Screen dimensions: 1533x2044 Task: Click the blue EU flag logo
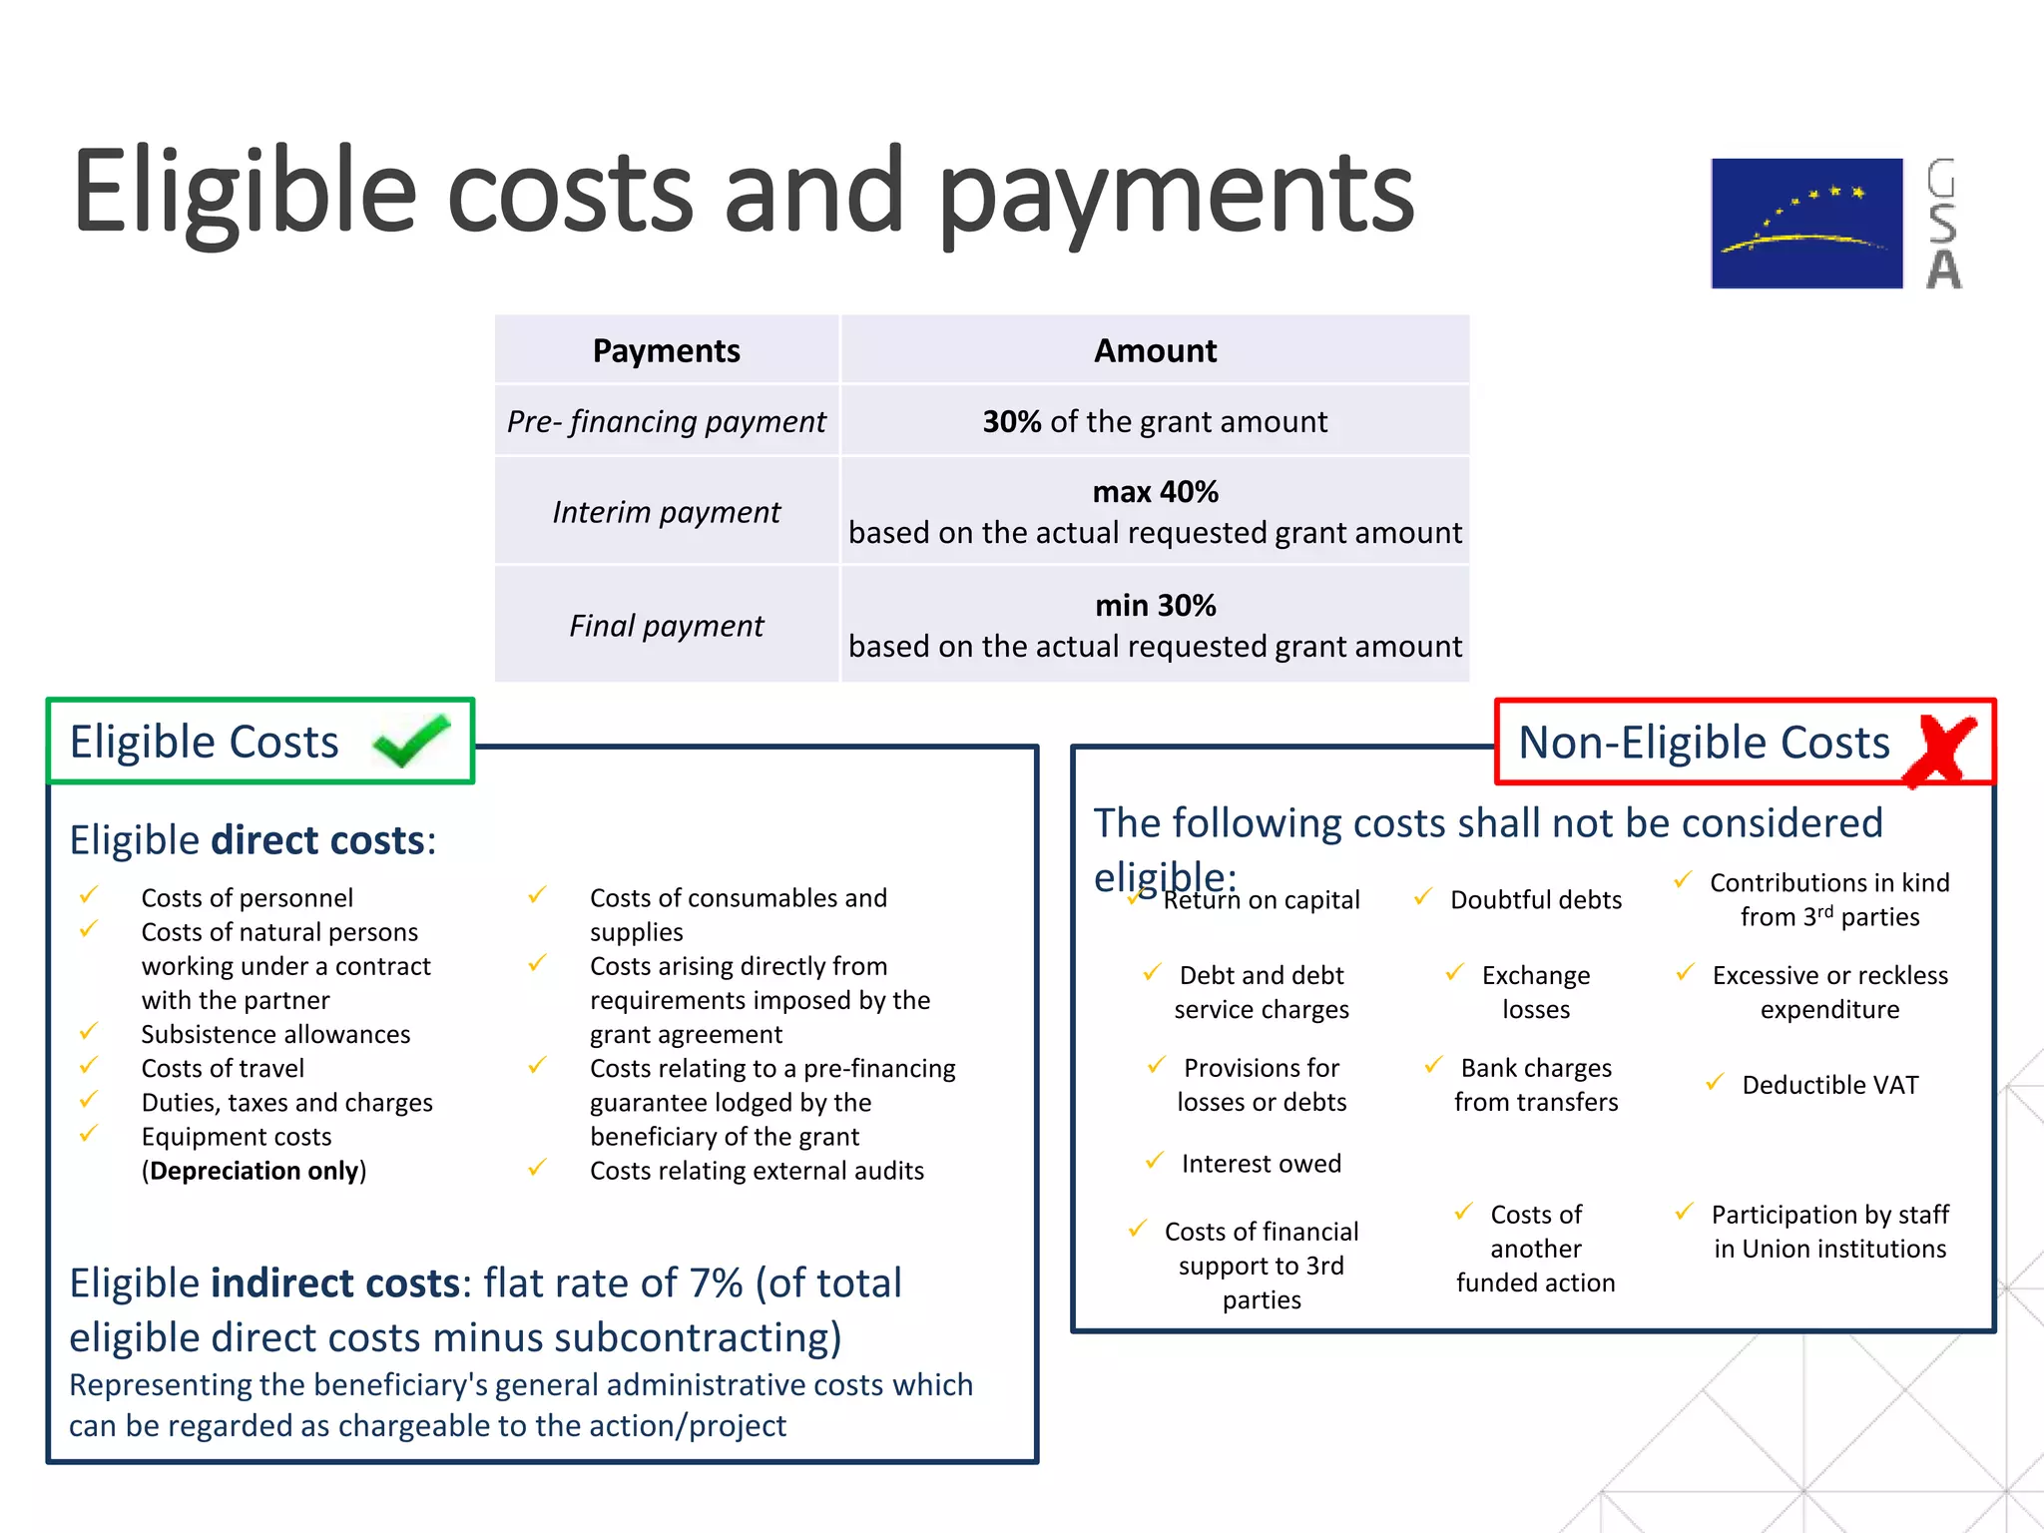point(1806,224)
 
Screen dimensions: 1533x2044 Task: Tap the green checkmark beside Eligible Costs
point(411,741)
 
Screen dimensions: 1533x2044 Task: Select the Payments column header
point(666,350)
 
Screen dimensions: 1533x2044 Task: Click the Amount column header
point(1155,350)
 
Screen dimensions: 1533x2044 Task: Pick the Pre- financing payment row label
point(666,421)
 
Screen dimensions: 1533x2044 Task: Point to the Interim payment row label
point(666,512)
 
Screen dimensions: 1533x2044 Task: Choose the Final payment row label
point(666,626)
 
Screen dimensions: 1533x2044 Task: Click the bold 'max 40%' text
point(1155,492)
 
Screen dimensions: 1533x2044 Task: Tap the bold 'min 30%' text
point(1155,606)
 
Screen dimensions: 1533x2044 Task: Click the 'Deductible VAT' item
point(1829,1085)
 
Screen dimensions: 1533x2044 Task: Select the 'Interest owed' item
point(1261,1164)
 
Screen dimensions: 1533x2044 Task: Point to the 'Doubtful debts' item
point(1535,900)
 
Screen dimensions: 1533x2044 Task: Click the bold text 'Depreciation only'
point(254,1171)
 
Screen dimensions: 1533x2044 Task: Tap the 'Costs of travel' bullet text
point(223,1069)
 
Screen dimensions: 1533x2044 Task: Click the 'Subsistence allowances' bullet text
point(275,1035)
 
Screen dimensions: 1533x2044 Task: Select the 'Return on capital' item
point(1261,900)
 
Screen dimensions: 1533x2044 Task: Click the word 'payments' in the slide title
point(1175,195)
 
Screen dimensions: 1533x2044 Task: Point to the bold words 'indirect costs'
point(334,1283)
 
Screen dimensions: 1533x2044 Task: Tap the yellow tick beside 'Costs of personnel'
point(89,894)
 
